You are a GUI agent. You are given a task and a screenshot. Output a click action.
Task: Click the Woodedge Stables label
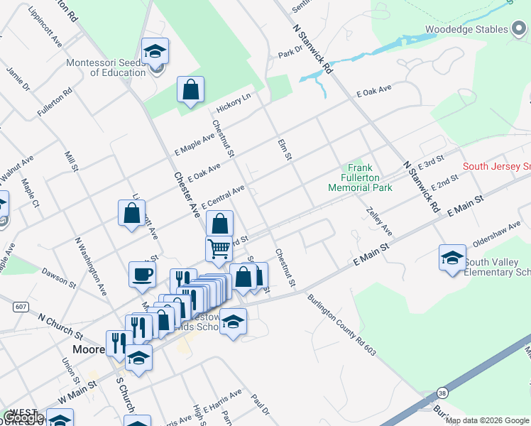pyautogui.click(x=466, y=29)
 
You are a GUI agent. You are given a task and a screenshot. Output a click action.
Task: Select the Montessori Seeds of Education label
pyautogui.click(x=105, y=67)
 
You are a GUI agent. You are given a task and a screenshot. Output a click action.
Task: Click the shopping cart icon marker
pyautogui.click(x=219, y=249)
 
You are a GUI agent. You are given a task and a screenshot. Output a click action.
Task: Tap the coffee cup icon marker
pyautogui.click(x=142, y=274)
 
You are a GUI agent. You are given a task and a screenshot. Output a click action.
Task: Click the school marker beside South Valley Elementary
pyautogui.click(x=452, y=260)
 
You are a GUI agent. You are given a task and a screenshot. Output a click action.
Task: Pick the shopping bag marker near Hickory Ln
pyautogui.click(x=190, y=90)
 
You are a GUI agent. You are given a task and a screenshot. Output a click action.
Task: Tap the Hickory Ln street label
pyautogui.click(x=234, y=104)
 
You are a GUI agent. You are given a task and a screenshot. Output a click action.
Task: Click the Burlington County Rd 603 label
pyautogui.click(x=341, y=325)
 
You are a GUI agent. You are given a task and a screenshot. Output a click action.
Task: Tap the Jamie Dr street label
pyautogui.click(x=18, y=79)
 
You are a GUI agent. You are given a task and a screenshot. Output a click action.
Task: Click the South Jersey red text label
pyautogui.click(x=496, y=167)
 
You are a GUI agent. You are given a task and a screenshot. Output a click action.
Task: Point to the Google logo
pyautogui.click(x=23, y=418)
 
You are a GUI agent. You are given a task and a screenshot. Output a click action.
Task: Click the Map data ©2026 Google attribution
pyautogui.click(x=488, y=420)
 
